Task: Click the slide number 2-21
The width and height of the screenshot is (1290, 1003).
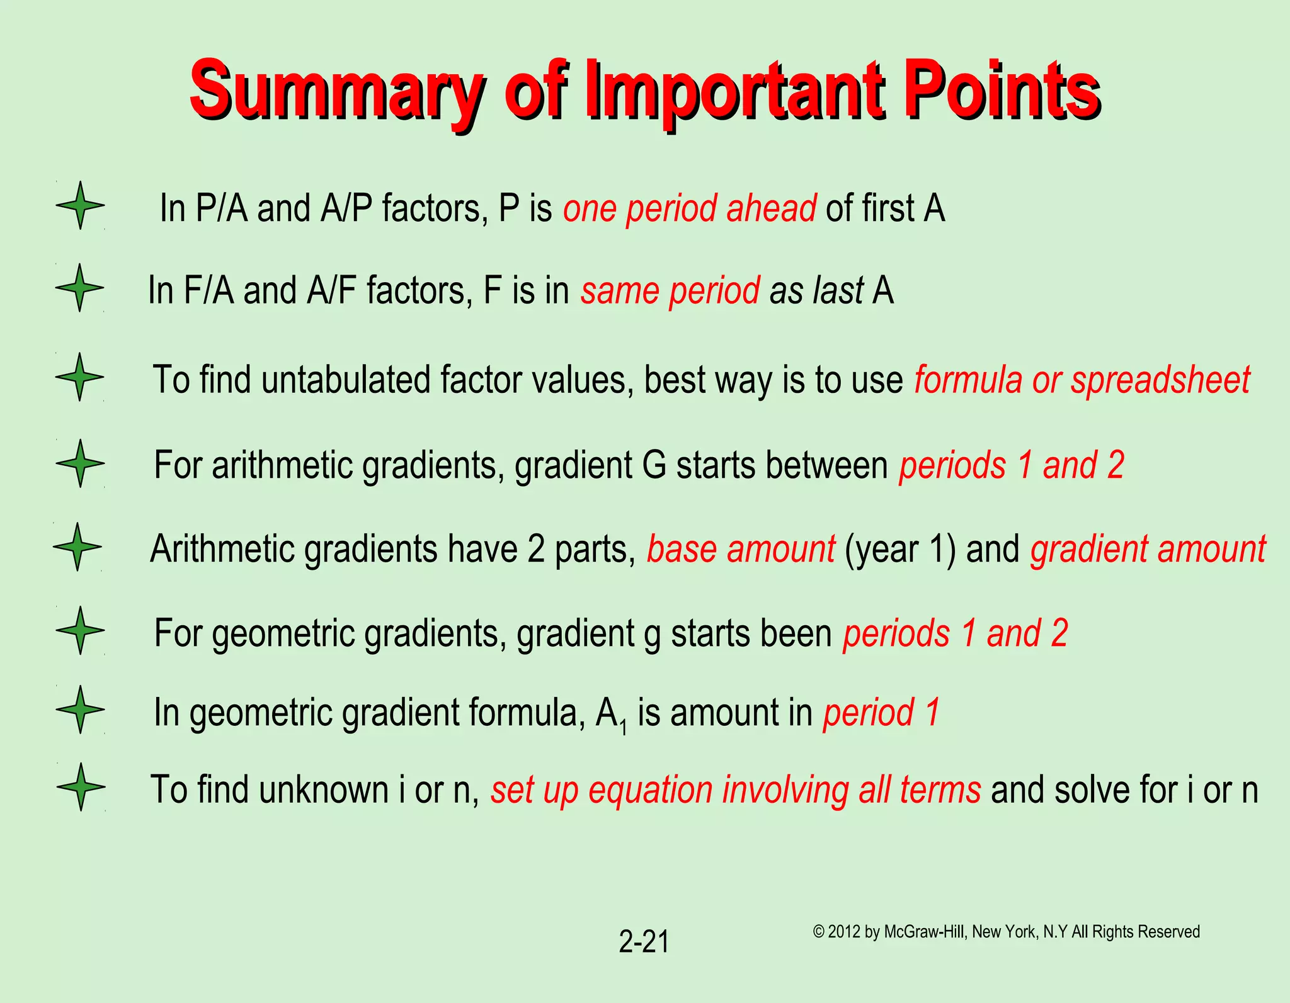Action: pos(644,942)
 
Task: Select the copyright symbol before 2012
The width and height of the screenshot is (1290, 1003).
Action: pos(819,932)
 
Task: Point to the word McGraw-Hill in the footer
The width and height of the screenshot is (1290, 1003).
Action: pos(924,932)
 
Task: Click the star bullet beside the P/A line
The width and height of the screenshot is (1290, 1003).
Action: pos(80,205)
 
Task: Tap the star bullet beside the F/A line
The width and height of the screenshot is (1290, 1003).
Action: pos(79,288)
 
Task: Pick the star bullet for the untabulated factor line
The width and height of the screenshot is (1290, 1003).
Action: pos(79,377)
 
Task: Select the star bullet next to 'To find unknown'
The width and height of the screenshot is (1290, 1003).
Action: pos(81,786)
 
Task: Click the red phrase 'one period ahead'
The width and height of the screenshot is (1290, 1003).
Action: pos(690,208)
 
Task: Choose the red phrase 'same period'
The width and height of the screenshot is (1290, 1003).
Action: pos(670,290)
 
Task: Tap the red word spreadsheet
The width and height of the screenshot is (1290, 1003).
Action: pos(1161,380)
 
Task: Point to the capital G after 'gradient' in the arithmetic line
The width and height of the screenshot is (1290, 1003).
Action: pos(654,465)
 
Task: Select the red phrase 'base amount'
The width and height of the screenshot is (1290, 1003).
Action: pos(741,549)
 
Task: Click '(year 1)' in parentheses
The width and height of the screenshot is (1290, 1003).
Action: pos(900,549)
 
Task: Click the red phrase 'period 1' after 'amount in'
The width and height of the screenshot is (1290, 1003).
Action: pos(881,713)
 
